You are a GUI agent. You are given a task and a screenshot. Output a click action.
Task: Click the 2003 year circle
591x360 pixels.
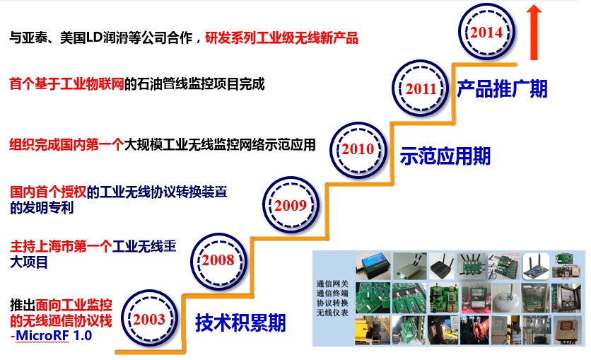[x=149, y=318]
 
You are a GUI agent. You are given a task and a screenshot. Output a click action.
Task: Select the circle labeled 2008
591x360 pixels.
[x=218, y=260]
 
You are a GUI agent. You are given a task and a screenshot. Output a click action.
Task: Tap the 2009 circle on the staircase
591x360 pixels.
[x=291, y=204]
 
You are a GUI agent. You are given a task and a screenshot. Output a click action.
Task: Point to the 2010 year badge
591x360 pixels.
[x=358, y=149]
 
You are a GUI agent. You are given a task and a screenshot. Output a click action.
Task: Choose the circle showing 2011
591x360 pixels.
[x=421, y=88]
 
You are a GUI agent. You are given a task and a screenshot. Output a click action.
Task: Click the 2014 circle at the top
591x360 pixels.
[x=486, y=32]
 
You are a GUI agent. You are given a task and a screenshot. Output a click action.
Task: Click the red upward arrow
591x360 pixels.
[x=534, y=32]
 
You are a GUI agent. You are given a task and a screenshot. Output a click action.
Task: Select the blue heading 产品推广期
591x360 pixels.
[x=502, y=89]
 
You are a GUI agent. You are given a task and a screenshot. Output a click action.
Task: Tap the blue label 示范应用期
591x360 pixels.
[x=445, y=156]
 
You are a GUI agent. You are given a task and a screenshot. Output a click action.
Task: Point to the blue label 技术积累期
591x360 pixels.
[x=240, y=323]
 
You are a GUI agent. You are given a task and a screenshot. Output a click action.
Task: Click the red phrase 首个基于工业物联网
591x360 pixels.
[x=66, y=83]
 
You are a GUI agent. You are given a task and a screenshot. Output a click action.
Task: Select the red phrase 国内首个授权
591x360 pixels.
[x=48, y=192]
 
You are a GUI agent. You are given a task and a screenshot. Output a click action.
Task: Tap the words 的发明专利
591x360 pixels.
[x=42, y=208]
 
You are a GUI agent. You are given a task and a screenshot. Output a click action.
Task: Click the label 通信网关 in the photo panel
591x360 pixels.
[x=332, y=284]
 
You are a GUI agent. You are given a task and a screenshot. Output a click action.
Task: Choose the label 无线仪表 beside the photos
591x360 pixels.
[x=332, y=313]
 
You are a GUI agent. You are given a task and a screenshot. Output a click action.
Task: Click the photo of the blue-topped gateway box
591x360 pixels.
[x=373, y=266]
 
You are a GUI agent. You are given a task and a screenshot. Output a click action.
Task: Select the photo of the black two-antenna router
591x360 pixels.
[x=443, y=266]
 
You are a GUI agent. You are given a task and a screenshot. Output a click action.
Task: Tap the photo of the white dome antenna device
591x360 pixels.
[x=506, y=298]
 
